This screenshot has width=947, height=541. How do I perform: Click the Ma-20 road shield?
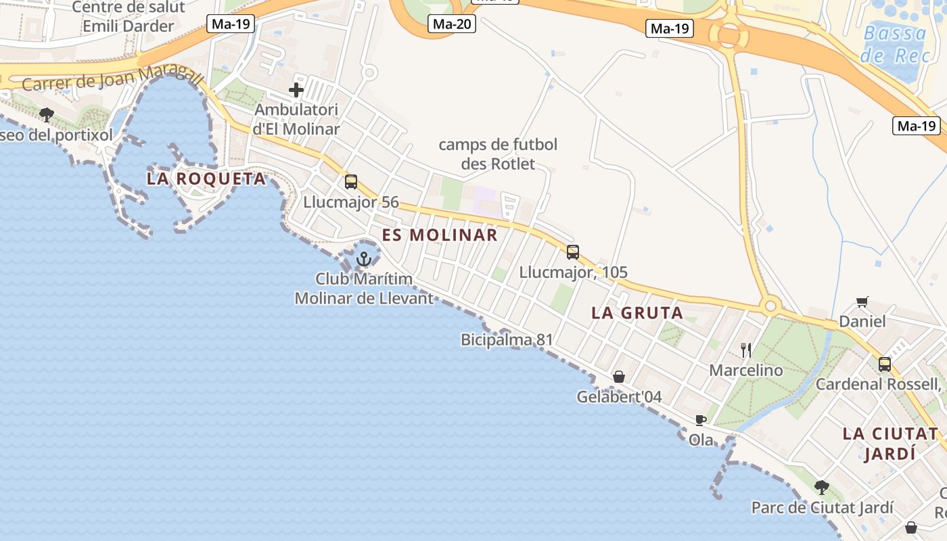pyautogui.click(x=452, y=24)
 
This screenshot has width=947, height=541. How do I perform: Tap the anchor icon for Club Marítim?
pyautogui.click(x=364, y=258)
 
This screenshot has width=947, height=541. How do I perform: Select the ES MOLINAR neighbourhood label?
pyautogui.click(x=440, y=235)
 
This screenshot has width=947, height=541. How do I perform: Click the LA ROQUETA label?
pyautogui.click(x=206, y=179)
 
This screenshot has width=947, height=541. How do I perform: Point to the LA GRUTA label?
pyautogui.click(x=637, y=313)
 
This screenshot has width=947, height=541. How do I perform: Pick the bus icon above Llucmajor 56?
pyautogui.click(x=350, y=181)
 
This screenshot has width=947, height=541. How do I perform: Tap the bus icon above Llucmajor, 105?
pyautogui.click(x=573, y=252)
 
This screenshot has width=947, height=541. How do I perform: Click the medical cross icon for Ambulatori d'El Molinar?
pyautogui.click(x=296, y=89)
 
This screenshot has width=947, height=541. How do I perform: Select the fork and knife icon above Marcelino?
pyautogui.click(x=746, y=350)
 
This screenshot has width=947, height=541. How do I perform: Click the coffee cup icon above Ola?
pyautogui.click(x=701, y=420)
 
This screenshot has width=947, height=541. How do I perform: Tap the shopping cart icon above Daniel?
pyautogui.click(x=862, y=302)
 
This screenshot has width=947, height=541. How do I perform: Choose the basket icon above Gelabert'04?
pyautogui.click(x=618, y=377)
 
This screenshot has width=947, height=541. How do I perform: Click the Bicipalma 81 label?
pyautogui.click(x=507, y=339)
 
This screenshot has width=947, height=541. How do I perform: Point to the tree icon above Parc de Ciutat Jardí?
pyautogui.click(x=821, y=487)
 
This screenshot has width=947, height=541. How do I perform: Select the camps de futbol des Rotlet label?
pyautogui.click(x=498, y=154)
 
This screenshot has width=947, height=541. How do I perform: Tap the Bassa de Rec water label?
pyautogui.click(x=895, y=44)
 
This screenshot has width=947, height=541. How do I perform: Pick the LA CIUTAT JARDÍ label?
pyautogui.click(x=890, y=444)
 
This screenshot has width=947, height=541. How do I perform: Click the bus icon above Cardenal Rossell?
pyautogui.click(x=884, y=364)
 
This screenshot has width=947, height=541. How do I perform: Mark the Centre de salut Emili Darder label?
pyautogui.click(x=128, y=17)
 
